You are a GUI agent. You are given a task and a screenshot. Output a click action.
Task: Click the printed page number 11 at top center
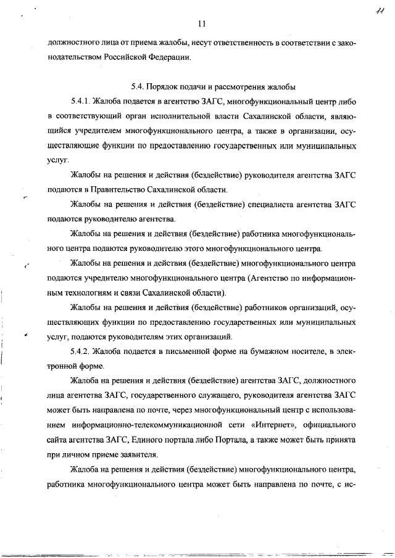(x=201, y=24)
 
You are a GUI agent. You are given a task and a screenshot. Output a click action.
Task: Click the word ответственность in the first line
(x=241, y=43)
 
